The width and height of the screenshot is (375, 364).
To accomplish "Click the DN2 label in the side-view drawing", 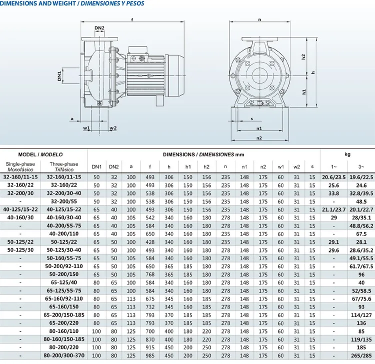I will [x=99, y=28].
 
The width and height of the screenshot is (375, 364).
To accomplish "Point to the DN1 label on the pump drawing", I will [x=59, y=76].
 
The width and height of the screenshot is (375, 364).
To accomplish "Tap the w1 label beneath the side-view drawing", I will [x=86, y=128].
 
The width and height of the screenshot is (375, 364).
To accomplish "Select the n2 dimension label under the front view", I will [x=259, y=137].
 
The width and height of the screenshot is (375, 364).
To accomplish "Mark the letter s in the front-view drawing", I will [x=251, y=119].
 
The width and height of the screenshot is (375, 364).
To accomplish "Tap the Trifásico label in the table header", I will [x=64, y=170].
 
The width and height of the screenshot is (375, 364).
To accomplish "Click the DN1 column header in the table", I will [x=96, y=167].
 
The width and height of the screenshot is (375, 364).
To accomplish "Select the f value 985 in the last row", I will [x=149, y=355].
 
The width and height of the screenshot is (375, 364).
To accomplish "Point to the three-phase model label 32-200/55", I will [x=64, y=201].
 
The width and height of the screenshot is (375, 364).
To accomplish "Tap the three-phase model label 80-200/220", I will [x=64, y=347].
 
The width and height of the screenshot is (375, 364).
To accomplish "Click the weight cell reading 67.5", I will [x=360, y=233].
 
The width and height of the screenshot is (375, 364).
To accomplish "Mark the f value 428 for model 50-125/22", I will [x=149, y=241].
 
